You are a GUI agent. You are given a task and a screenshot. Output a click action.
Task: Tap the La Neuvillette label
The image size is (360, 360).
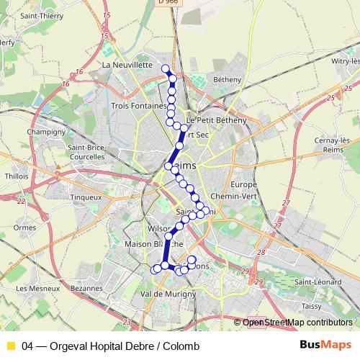127,65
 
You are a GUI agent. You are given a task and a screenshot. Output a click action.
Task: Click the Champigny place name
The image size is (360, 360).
46,132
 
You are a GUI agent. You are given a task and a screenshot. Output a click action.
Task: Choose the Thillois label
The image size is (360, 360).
16,176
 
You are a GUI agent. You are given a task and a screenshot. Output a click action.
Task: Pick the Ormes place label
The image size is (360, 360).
24,228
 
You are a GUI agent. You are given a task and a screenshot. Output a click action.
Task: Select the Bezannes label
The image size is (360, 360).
87,287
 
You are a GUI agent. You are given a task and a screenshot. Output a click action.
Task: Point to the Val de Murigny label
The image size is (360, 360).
169,294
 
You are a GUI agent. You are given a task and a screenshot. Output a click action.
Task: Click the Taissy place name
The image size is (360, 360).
311,306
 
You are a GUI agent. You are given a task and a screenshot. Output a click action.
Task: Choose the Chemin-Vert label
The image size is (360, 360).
231,195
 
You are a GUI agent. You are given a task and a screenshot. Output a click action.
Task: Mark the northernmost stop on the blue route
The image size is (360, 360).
166,68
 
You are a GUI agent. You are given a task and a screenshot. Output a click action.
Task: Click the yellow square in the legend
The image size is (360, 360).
10,346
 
